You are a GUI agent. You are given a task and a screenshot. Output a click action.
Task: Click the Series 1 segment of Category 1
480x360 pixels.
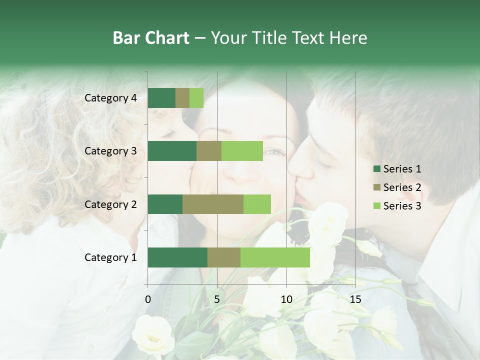click(177, 257)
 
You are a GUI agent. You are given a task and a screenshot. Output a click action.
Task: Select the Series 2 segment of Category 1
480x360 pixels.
click(224, 257)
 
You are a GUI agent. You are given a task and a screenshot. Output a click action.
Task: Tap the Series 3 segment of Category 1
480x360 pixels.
click(275, 257)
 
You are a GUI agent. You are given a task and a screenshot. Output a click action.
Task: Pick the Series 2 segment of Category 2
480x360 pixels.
click(213, 204)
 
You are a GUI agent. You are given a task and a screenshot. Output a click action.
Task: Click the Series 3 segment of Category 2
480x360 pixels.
click(257, 204)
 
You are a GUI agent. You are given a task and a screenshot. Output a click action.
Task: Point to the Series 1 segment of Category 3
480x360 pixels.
click(172, 151)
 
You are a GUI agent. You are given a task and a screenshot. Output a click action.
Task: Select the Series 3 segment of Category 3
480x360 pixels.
click(242, 151)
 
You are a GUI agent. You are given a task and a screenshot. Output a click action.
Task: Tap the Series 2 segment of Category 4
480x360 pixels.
click(182, 98)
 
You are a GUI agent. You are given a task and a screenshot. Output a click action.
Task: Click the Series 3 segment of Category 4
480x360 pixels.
click(196, 98)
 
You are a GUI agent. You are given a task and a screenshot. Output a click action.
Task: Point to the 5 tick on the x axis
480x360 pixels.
click(217, 300)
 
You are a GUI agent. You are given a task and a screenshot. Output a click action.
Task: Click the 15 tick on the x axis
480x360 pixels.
click(355, 300)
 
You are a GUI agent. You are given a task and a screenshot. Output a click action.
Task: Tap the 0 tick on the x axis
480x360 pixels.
click(148, 300)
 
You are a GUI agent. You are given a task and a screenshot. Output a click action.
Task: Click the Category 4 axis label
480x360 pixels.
click(110, 98)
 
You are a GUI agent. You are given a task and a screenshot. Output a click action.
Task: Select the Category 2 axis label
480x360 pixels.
click(110, 204)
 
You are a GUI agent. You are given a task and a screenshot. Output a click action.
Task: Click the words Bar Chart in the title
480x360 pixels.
click(151, 38)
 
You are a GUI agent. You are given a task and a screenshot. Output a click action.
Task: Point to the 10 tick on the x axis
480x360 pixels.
click(286, 300)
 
